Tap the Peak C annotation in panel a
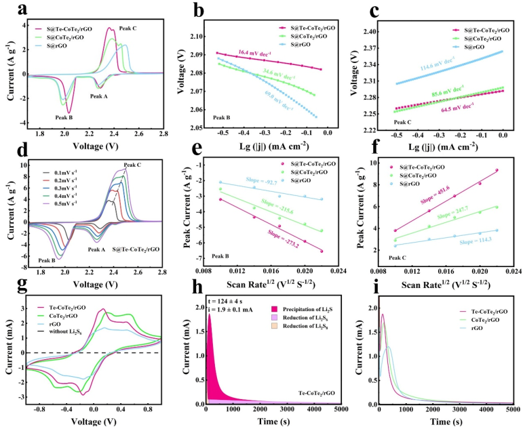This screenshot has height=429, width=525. click(x=128, y=28)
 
